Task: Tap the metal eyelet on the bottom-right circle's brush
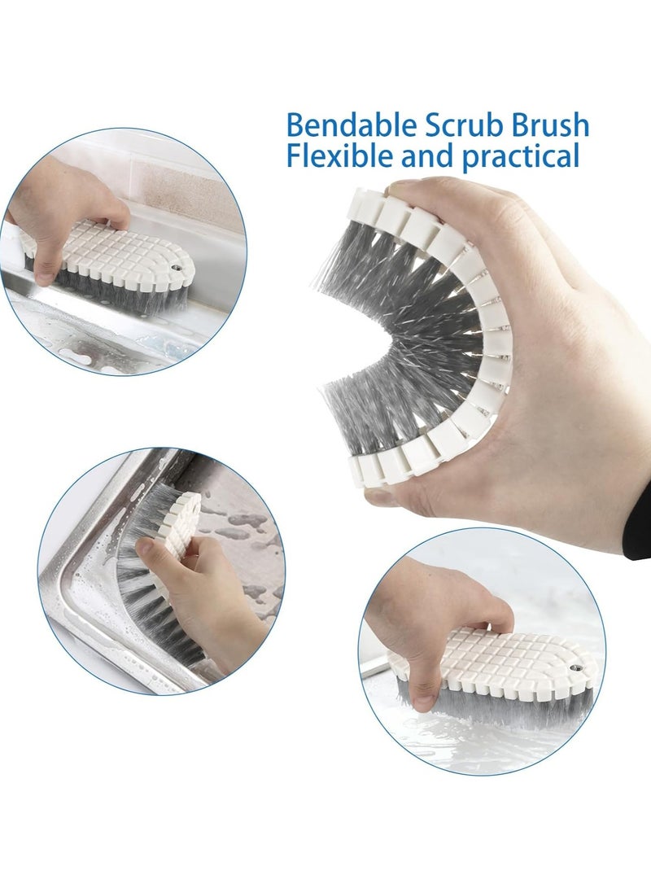pos(579,667)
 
